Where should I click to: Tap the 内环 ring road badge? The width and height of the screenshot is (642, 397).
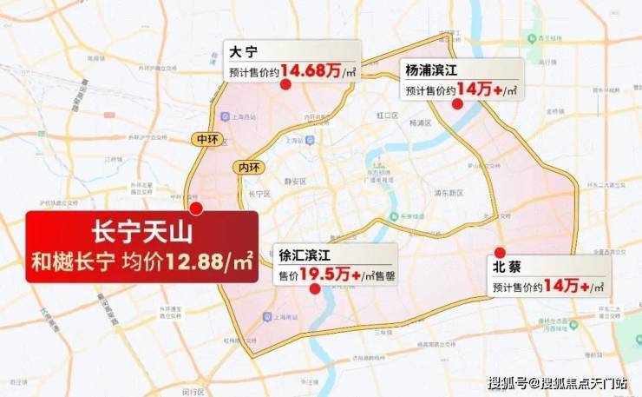tap(246, 167)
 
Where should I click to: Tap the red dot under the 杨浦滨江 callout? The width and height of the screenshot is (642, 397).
tap(457, 103)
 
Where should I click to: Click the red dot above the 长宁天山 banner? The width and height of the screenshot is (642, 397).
tap(196, 208)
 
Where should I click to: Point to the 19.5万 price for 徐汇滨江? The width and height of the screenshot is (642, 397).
tap(325, 274)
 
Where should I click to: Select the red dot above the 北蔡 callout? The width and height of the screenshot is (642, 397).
tap(500, 252)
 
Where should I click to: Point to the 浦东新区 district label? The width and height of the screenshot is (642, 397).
tap(449, 193)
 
